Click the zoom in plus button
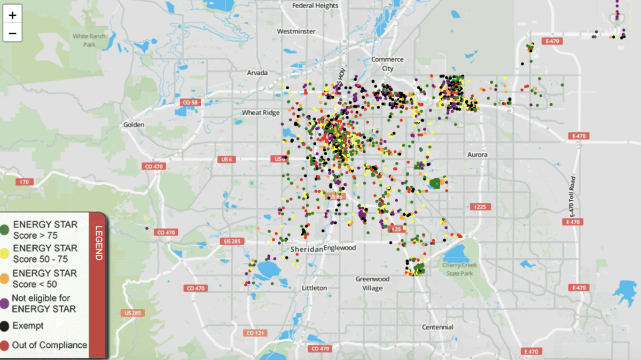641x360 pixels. click(x=13, y=14)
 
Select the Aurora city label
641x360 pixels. click(x=477, y=154)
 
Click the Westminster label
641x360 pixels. click(x=296, y=32)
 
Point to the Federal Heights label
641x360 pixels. click(x=315, y=5)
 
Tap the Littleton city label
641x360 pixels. click(x=314, y=288)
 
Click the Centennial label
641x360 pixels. click(x=437, y=327)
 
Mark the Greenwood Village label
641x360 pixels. click(x=372, y=284)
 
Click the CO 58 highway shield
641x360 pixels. click(x=190, y=102)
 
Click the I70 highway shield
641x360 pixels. click(x=24, y=182)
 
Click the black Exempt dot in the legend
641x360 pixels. click(x=4, y=325)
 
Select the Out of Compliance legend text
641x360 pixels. click(x=49, y=345)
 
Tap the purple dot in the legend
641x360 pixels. click(x=4, y=303)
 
